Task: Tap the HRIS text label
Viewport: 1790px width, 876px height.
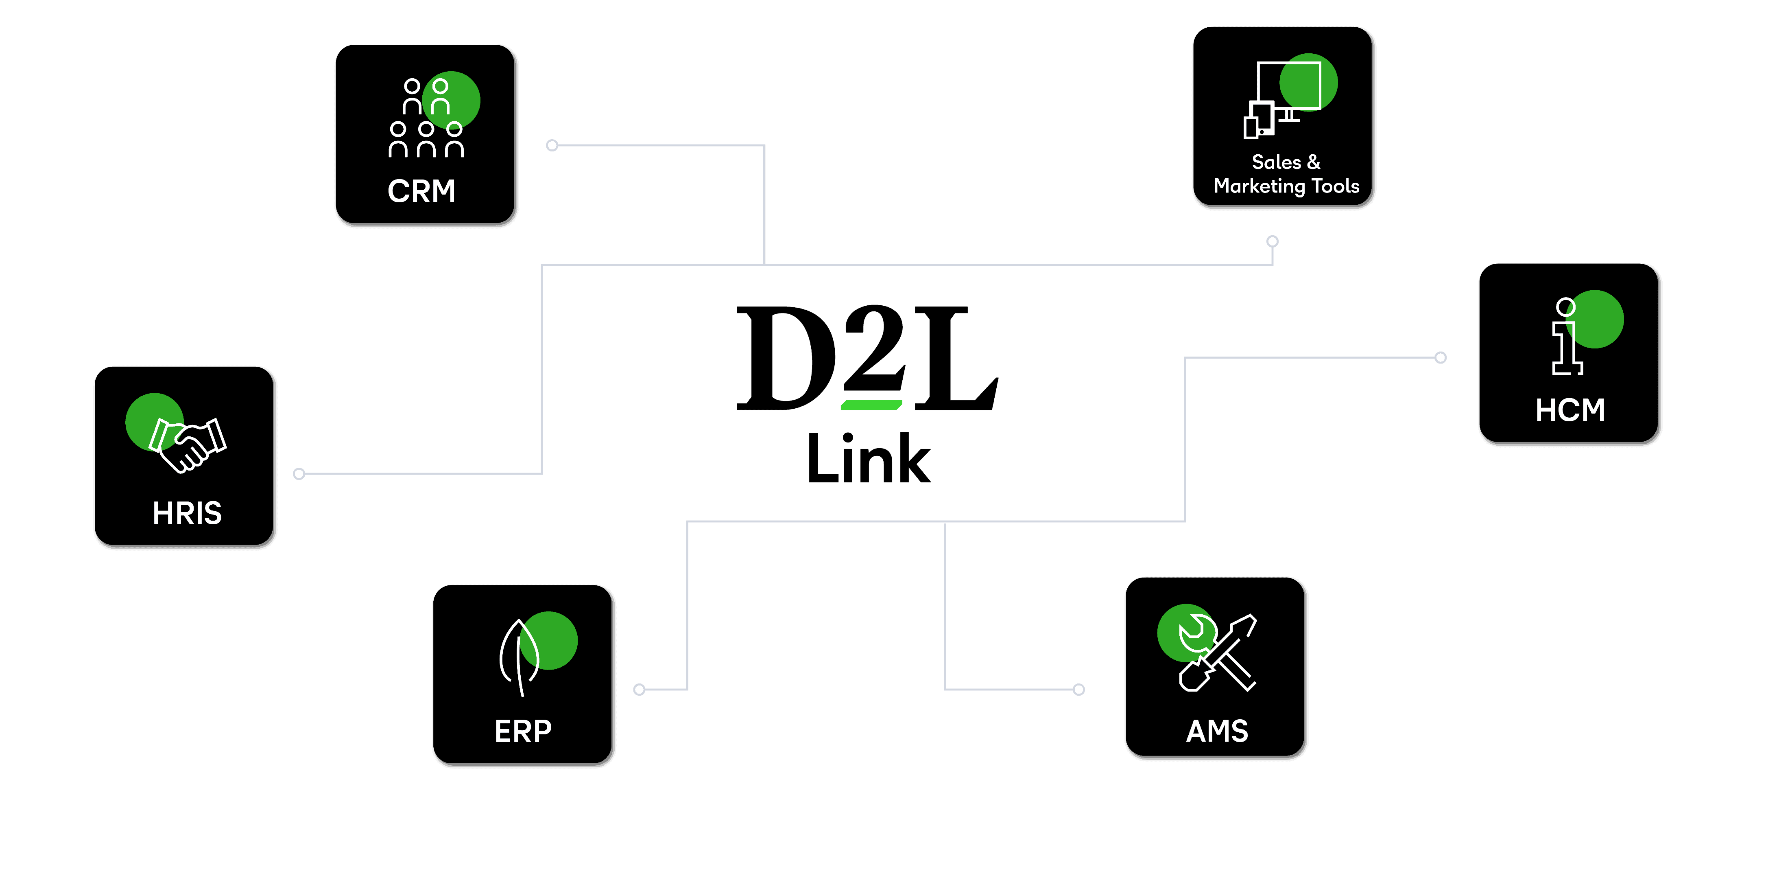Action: pyautogui.click(x=187, y=513)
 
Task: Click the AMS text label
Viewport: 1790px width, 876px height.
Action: pyautogui.click(x=1217, y=731)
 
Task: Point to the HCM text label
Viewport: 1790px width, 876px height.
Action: pyautogui.click(x=1570, y=410)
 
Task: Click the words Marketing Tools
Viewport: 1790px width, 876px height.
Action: pyautogui.click(x=1286, y=186)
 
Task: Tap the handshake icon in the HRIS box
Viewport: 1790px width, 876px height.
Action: pyautogui.click(x=188, y=444)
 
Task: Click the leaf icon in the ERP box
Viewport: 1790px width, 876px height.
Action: pyautogui.click(x=520, y=656)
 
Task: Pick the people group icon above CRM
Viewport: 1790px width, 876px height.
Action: pyautogui.click(x=426, y=118)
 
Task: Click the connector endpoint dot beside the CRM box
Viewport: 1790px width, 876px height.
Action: pyautogui.click(x=552, y=145)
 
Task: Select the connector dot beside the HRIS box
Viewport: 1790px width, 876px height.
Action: pyautogui.click(x=299, y=474)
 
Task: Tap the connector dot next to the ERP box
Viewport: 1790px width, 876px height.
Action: pyautogui.click(x=639, y=690)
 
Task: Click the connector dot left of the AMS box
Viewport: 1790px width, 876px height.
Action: pyautogui.click(x=1078, y=690)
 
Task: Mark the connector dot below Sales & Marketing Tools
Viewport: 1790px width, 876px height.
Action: pyautogui.click(x=1272, y=241)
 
